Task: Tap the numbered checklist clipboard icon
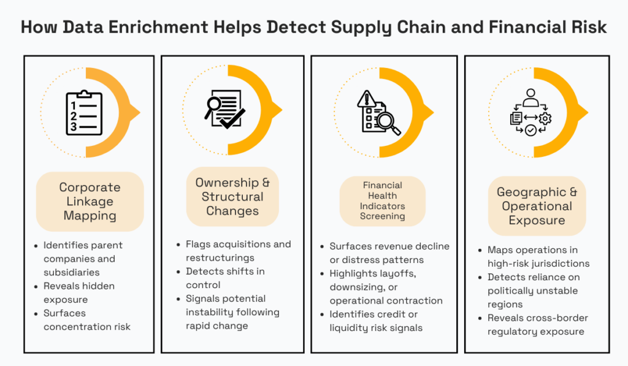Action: (x=84, y=113)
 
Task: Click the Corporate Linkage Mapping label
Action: (x=90, y=201)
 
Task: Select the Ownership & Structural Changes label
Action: (x=232, y=197)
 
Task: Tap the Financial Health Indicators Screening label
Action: (x=382, y=200)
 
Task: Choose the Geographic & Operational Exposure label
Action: (x=537, y=206)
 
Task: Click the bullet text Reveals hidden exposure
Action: (x=78, y=292)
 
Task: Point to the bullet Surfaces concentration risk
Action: (x=86, y=319)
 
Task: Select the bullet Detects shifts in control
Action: (x=225, y=278)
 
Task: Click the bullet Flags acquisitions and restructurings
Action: (x=238, y=251)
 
